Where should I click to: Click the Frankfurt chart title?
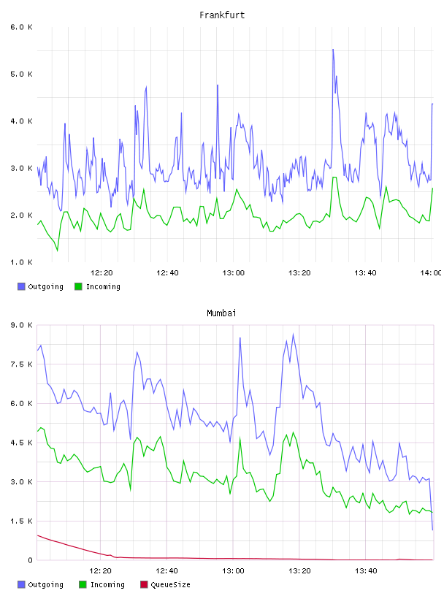[x=222, y=15]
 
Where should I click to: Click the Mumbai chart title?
[x=221, y=313]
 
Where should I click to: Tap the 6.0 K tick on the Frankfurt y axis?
[x=21, y=27]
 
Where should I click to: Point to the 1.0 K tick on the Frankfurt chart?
[x=21, y=262]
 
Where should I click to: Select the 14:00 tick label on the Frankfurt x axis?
[x=431, y=273]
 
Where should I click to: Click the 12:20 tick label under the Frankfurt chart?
[x=102, y=273]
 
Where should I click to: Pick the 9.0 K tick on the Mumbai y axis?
[x=21, y=325]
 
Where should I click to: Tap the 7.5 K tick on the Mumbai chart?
[x=21, y=364]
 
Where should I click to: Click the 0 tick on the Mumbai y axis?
[x=30, y=560]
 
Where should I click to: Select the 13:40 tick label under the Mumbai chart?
[x=366, y=571]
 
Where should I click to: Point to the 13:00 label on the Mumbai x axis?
[x=233, y=571]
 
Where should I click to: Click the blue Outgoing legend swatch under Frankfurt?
[x=21, y=286]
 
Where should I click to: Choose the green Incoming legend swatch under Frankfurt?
[x=78, y=286]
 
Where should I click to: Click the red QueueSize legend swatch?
[x=144, y=584]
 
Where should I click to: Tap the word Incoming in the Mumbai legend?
[x=107, y=584]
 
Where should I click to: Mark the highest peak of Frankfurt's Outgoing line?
[x=333, y=49]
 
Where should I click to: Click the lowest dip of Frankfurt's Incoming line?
[x=58, y=251]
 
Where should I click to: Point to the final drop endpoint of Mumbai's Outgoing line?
[x=432, y=530]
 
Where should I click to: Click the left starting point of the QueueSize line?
[x=38, y=535]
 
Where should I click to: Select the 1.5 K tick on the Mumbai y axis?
[x=21, y=521]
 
